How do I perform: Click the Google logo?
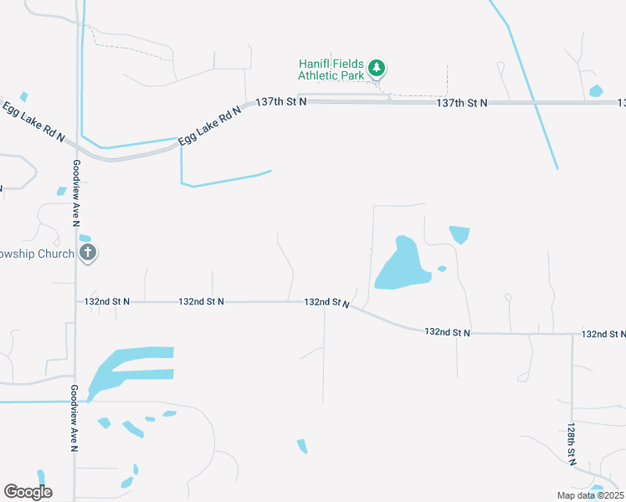(x=28, y=492)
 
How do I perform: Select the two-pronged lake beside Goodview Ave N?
(x=126, y=368)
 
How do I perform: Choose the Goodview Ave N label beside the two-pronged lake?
(x=74, y=419)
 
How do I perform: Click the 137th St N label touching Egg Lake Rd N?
(x=281, y=101)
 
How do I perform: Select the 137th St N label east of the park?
(x=461, y=102)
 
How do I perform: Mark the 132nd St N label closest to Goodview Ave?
(x=107, y=301)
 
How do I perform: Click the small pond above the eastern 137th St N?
(x=596, y=90)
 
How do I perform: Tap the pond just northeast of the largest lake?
(x=459, y=233)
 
